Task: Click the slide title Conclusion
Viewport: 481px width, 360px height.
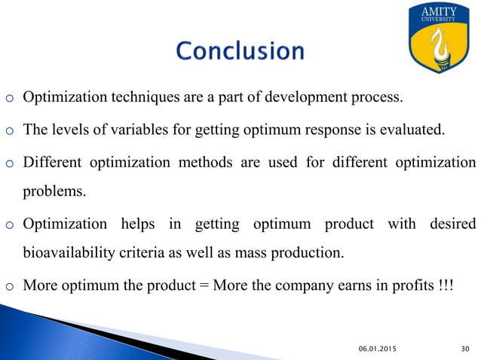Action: [x=240, y=51]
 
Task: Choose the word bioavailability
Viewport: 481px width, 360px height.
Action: [x=69, y=253]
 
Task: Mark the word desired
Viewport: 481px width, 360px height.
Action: [x=453, y=224]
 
